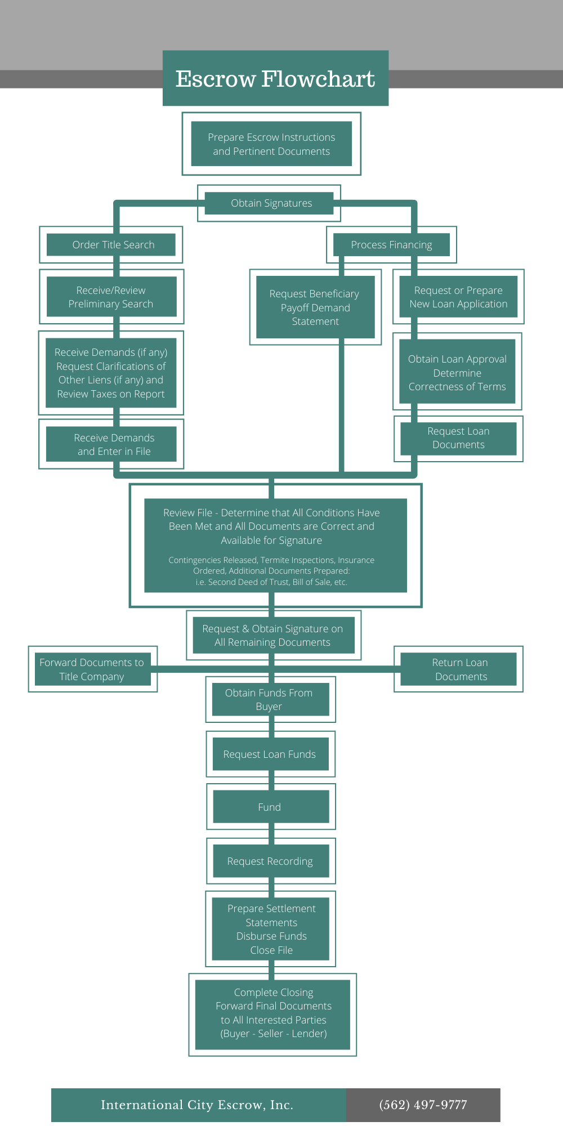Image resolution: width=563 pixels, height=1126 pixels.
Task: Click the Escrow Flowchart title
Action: (x=275, y=79)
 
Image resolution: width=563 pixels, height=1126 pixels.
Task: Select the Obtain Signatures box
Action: (x=271, y=203)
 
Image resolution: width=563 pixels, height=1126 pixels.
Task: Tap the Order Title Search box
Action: (x=113, y=245)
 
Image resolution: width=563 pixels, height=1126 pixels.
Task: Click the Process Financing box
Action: (x=391, y=245)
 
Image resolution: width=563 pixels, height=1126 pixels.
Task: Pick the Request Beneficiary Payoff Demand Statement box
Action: (x=315, y=307)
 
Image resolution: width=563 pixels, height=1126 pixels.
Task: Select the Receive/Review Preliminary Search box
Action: (x=111, y=297)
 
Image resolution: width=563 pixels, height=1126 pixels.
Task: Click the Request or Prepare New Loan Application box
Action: (x=458, y=297)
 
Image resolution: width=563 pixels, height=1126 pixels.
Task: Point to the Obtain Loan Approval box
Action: (x=457, y=372)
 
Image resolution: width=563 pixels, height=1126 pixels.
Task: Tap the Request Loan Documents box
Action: (x=458, y=438)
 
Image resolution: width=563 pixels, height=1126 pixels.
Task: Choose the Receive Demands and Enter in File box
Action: (x=114, y=444)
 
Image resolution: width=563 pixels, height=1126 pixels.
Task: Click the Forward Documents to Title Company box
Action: (x=92, y=669)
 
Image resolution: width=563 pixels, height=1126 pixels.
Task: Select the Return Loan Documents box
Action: (x=460, y=669)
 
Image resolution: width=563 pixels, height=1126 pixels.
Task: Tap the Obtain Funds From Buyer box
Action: (x=269, y=699)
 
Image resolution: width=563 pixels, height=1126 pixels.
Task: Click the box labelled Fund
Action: (x=269, y=807)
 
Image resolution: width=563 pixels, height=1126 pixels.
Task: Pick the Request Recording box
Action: (x=270, y=861)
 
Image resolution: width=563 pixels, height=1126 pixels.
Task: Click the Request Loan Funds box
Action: (x=269, y=754)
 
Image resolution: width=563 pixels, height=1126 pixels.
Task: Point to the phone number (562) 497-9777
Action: (x=423, y=1105)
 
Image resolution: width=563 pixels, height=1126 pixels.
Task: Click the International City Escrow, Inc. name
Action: (x=197, y=1105)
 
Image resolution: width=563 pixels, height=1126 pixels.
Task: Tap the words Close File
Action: (x=271, y=950)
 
